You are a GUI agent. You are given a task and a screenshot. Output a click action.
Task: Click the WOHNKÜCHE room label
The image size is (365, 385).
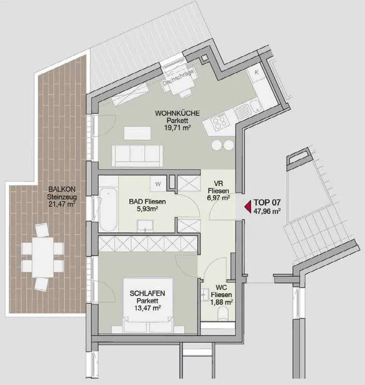(x=177, y=114)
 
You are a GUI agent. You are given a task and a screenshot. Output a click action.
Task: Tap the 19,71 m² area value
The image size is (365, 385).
(x=178, y=127)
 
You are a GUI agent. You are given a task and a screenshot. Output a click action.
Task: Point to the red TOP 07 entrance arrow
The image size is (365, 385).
(x=247, y=206)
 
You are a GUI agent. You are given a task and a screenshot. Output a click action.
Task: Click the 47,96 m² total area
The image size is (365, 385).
(x=267, y=211)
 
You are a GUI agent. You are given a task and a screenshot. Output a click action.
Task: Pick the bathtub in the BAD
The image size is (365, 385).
(x=109, y=210)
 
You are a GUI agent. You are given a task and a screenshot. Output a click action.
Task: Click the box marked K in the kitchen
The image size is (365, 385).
(x=256, y=73)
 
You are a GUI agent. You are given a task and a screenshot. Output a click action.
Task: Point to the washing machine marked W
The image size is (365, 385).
(x=158, y=183)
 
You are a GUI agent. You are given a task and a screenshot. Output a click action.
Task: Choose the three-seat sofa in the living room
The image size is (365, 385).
(x=137, y=156)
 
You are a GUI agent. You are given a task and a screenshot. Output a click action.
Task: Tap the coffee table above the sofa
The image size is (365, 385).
(x=138, y=133)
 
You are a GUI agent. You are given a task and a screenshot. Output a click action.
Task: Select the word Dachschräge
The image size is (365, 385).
(x=178, y=77)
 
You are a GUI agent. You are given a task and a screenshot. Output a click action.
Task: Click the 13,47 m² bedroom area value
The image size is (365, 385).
(x=148, y=308)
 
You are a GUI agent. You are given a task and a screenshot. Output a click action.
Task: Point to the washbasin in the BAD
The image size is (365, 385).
(x=146, y=226)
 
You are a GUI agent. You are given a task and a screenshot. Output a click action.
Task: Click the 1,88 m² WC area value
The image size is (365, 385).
(x=221, y=302)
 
